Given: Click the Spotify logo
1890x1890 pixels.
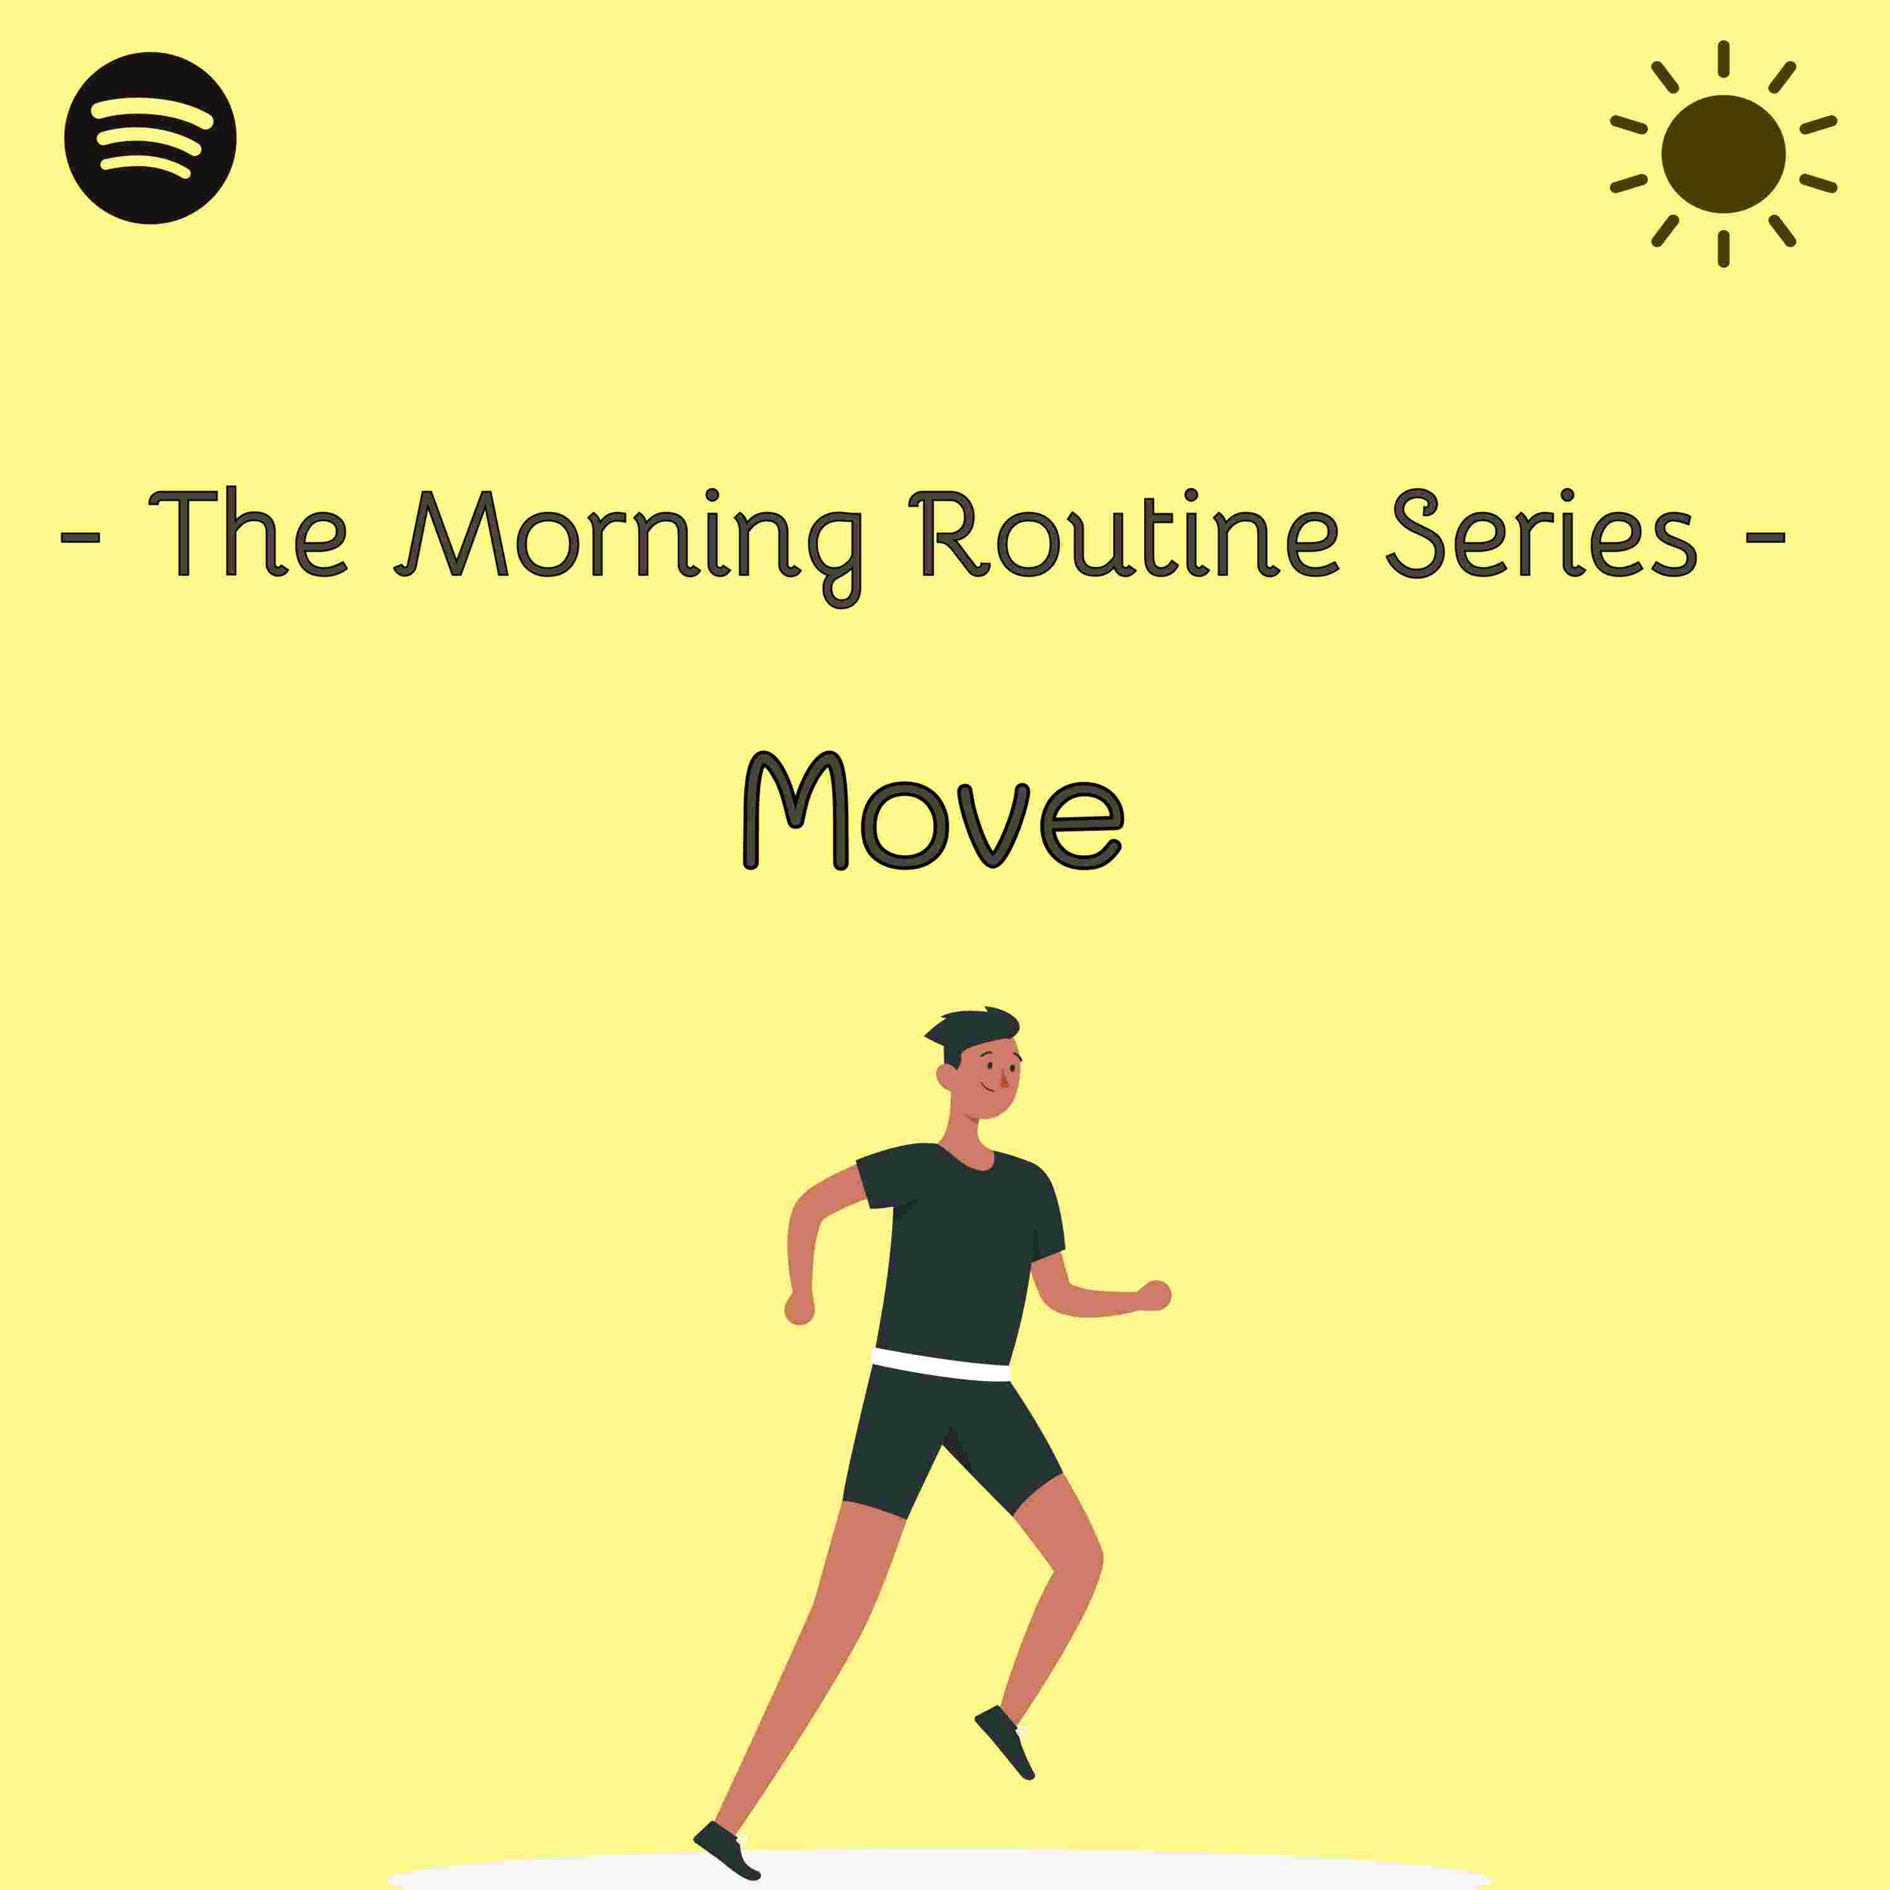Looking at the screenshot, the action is pyautogui.click(x=151, y=138).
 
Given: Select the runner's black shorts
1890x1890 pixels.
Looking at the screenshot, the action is pyautogui.click(x=949, y=1438).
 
